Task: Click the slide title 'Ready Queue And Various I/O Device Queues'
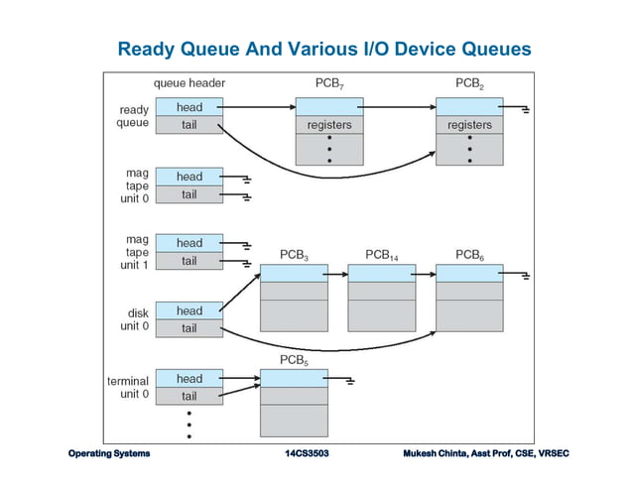point(323,49)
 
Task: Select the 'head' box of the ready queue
point(189,106)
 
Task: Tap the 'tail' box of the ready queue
point(189,125)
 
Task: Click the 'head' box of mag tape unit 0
point(189,177)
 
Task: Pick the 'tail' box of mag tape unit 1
point(189,261)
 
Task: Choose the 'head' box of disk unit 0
point(189,310)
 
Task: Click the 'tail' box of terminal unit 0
point(189,396)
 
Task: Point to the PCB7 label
point(330,83)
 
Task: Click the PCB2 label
point(469,83)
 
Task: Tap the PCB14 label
point(382,255)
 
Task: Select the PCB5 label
point(293,358)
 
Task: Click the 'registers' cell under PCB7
point(330,125)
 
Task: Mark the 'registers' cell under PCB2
point(469,125)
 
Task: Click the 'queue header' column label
point(190,83)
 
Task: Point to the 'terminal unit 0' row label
point(128,387)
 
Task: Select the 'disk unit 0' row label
point(131,318)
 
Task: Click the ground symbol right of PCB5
point(349,380)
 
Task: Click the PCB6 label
point(469,255)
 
